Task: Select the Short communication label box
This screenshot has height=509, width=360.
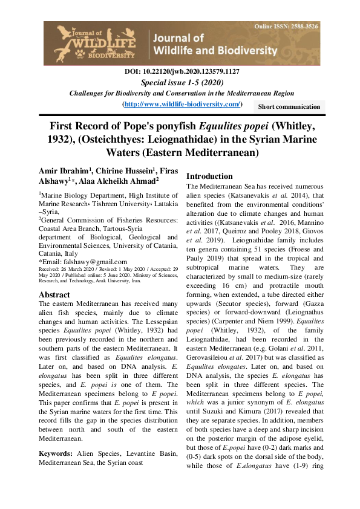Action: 289,106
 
